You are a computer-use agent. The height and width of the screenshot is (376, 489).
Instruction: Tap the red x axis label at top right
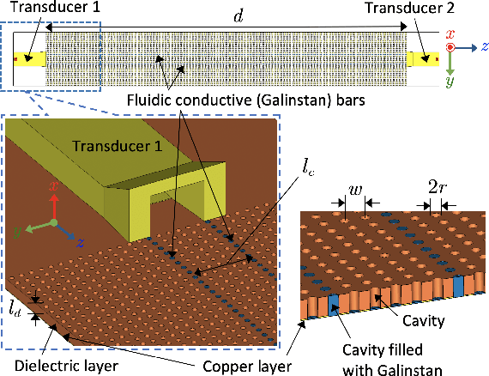(x=451, y=32)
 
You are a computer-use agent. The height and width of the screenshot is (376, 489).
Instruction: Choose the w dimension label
(x=353, y=189)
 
